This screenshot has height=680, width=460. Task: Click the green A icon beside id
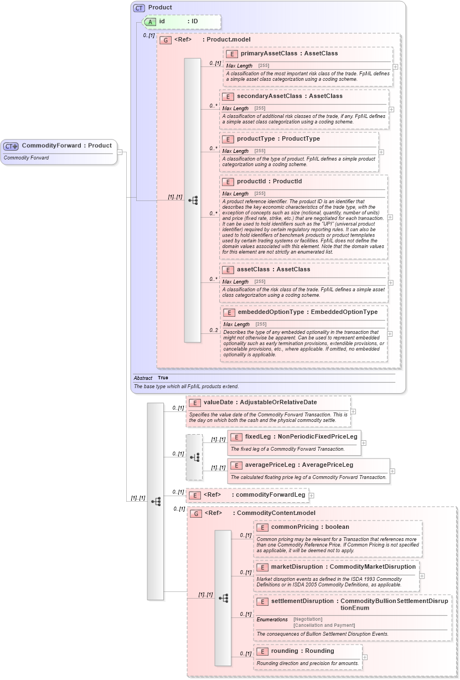[x=149, y=22]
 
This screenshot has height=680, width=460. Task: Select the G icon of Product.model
[x=165, y=40]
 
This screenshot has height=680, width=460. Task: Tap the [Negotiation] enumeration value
[x=308, y=619]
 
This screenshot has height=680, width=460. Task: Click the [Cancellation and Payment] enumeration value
[x=324, y=626]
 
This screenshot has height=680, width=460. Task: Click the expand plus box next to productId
[x=390, y=217]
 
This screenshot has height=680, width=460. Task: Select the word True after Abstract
[x=163, y=378]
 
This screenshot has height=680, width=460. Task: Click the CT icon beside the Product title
[x=139, y=8]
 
